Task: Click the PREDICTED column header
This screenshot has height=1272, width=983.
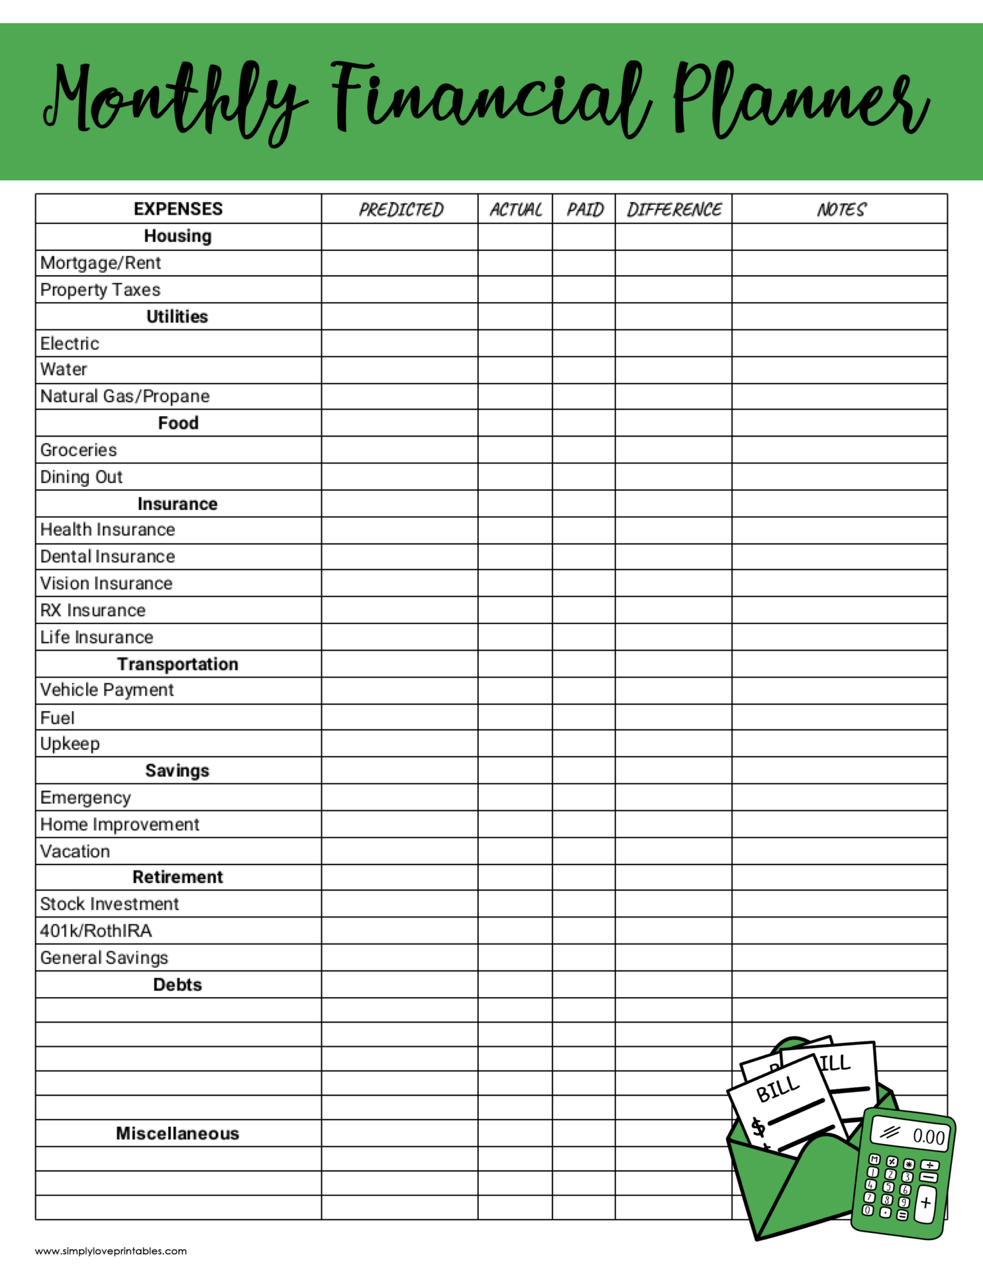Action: click(x=400, y=209)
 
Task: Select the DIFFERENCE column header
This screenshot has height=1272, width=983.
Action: click(x=674, y=209)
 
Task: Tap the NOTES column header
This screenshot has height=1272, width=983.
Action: click(x=840, y=209)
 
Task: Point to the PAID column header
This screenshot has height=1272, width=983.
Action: click(x=584, y=209)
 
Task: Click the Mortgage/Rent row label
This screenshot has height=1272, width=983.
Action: click(x=101, y=263)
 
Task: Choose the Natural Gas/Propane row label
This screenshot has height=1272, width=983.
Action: click(x=125, y=396)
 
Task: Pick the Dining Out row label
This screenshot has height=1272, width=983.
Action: click(x=81, y=477)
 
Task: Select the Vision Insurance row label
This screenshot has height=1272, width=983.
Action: click(x=107, y=584)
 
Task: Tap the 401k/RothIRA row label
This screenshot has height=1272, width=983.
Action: click(x=96, y=931)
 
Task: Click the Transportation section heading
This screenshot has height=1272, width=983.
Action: click(x=178, y=664)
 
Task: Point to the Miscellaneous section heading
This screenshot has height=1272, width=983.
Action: click(x=178, y=1134)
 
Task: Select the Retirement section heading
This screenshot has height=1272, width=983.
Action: click(x=178, y=877)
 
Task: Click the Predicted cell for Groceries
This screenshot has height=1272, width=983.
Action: click(x=400, y=450)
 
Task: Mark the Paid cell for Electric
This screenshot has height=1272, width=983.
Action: click(x=584, y=343)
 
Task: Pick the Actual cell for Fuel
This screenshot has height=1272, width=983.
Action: click(x=515, y=717)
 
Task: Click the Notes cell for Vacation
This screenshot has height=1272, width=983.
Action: click(x=840, y=851)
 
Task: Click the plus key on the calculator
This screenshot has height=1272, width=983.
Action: click(x=925, y=1202)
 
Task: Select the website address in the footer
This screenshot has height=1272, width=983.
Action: click(x=111, y=1251)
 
